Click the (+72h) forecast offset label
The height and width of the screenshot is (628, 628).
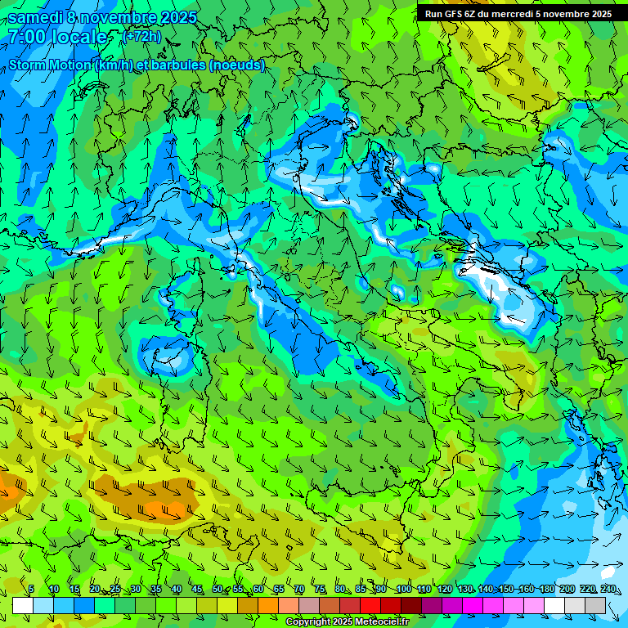pos(141,37)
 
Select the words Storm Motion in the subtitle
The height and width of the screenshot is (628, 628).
pos(49,65)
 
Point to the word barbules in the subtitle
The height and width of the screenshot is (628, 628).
pos(183,65)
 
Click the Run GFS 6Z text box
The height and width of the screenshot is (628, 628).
pos(518,14)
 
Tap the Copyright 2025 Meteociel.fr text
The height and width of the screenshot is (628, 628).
pos(347,622)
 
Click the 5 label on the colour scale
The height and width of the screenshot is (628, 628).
pos(31,590)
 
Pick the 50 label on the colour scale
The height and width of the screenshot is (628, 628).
pos(217,590)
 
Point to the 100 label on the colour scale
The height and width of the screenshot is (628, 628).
pos(403,590)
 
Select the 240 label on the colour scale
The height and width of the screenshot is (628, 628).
pos(608,590)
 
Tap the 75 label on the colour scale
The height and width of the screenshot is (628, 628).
pos(320,590)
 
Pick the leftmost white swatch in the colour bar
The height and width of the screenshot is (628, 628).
pos(23,605)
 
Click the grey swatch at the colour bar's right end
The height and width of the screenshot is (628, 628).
pos(595,605)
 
